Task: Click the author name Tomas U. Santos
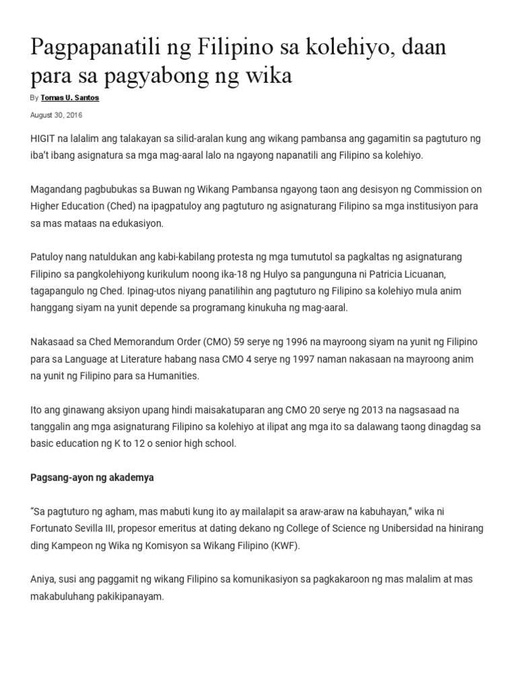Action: point(70,98)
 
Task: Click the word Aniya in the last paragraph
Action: point(44,579)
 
